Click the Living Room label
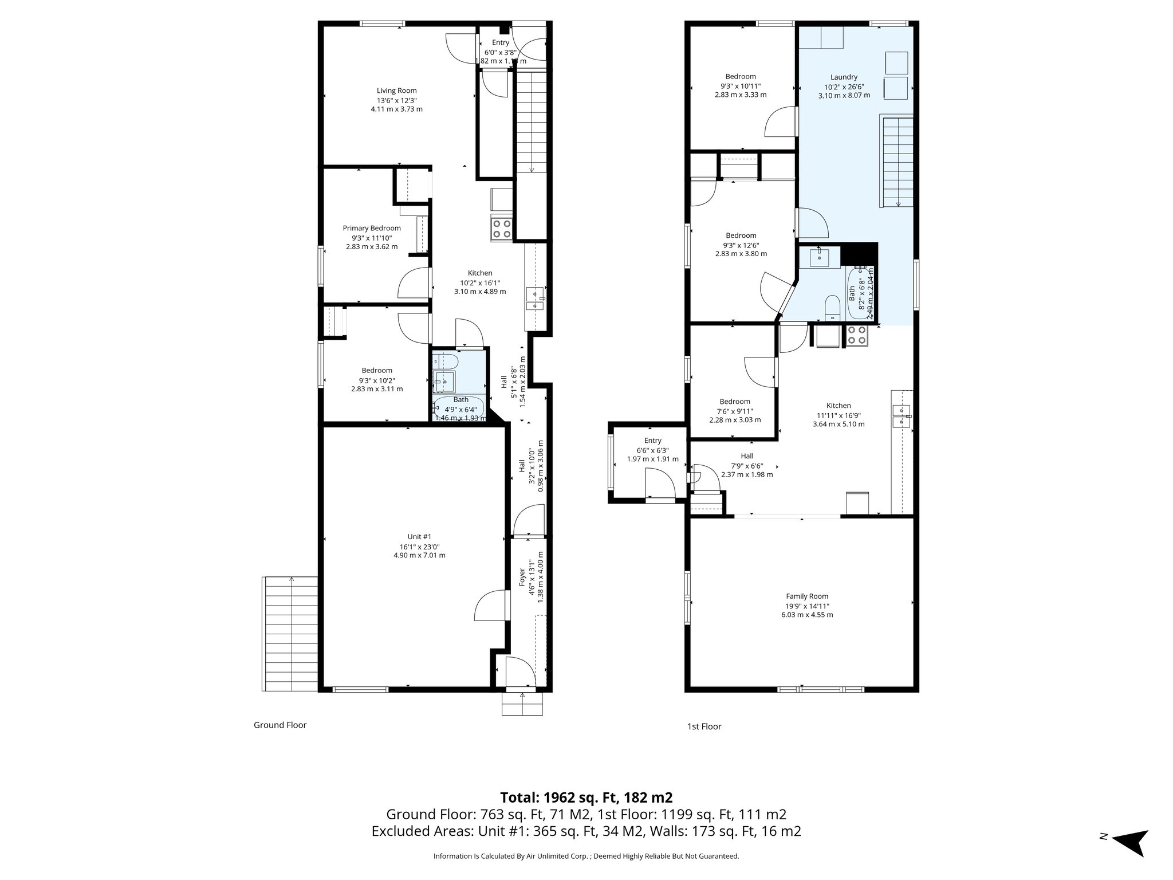point(396,91)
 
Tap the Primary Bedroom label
point(372,228)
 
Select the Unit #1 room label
point(419,536)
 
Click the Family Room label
point(807,596)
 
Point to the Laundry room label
point(844,77)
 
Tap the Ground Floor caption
point(280,725)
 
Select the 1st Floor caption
point(704,726)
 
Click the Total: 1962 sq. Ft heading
point(586,797)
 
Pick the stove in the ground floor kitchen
point(502,229)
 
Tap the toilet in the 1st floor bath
point(831,307)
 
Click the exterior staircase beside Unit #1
point(290,634)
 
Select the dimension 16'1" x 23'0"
point(419,546)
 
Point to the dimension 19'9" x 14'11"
point(807,606)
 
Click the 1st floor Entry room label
point(652,441)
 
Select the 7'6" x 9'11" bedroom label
point(735,402)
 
